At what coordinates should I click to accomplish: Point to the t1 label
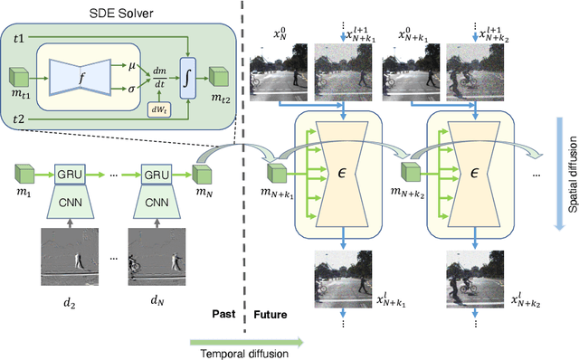pos(18,38)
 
